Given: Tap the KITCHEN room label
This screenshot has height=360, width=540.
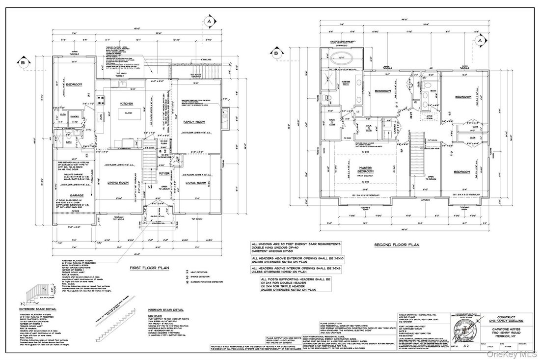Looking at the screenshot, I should [120, 104].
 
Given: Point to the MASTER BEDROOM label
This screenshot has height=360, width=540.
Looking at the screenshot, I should [364, 170].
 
